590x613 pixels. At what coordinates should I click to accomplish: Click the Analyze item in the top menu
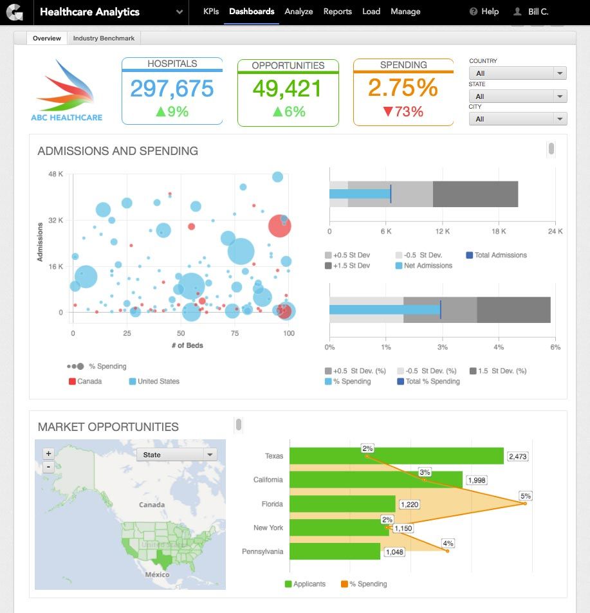pyautogui.click(x=299, y=12)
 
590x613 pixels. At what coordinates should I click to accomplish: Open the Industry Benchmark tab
pyautogui.click(x=104, y=39)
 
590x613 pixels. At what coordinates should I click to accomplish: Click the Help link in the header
pyautogui.click(x=484, y=12)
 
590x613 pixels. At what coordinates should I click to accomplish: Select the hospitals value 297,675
pyautogui.click(x=172, y=89)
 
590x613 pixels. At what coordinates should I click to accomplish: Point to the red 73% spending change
pyautogui.click(x=403, y=112)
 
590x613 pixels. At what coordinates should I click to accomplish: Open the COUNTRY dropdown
pyautogui.click(x=517, y=73)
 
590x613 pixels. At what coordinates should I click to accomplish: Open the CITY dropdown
pyautogui.click(x=517, y=119)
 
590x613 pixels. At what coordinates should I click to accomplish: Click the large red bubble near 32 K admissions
pyautogui.click(x=279, y=226)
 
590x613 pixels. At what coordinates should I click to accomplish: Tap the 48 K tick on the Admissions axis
pyautogui.click(x=56, y=174)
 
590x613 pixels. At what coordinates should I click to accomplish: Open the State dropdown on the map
pyautogui.click(x=177, y=455)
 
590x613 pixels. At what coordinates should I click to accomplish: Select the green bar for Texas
pyautogui.click(x=396, y=456)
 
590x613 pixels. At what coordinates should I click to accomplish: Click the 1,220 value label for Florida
pyautogui.click(x=409, y=504)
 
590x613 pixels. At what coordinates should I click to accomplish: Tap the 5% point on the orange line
pyautogui.click(x=525, y=503)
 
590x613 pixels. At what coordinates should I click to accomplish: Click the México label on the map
pyautogui.click(x=157, y=574)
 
